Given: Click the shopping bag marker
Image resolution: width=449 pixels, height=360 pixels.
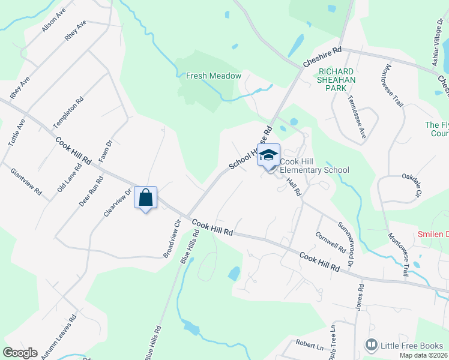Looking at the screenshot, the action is coord(146,197).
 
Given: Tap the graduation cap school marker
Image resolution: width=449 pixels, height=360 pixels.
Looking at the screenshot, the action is coord(268,155).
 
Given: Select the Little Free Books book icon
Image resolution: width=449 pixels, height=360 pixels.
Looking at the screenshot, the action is coord(372,345).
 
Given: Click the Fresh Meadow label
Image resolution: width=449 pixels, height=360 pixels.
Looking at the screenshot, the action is coord(213,76).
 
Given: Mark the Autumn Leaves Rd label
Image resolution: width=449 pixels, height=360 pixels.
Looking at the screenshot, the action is coord(59,338).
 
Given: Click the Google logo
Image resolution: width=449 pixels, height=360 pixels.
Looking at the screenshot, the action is coord(20,352).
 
